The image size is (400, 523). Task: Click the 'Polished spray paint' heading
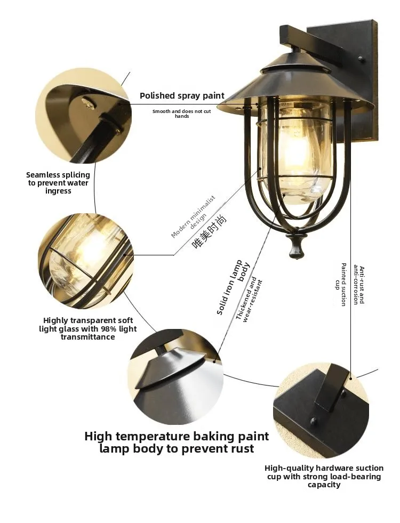pyautogui.click(x=182, y=96)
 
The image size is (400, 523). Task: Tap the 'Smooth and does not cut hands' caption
pyautogui.click(x=182, y=114)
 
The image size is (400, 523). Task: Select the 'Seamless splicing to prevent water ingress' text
pyautogui.click(x=58, y=183)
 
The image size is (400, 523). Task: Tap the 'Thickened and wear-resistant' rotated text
pyautogui.click(x=249, y=299)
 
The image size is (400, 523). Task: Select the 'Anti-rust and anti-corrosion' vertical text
pyautogui.click(x=359, y=285)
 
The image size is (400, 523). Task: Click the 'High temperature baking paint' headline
pyautogui.click(x=177, y=436)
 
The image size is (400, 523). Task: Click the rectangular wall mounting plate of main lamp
pyautogui.click(x=343, y=80)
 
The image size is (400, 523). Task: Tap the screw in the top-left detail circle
pyautogui.click(x=89, y=101)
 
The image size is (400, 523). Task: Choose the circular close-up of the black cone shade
pyautogui.click(x=175, y=377)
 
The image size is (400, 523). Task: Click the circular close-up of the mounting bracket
pyautogui.click(x=321, y=411)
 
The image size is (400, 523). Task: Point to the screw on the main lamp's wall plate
pyautogui.click(x=361, y=59)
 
